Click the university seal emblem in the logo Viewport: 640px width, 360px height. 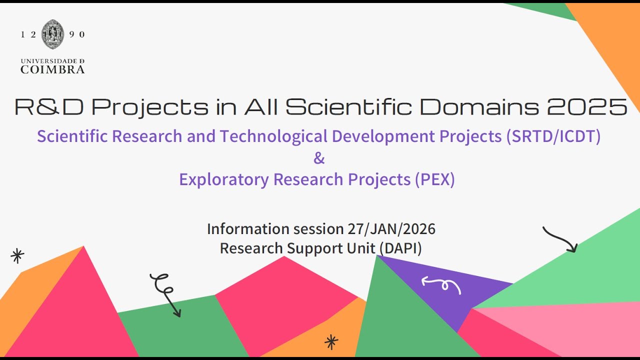click(x=52, y=34)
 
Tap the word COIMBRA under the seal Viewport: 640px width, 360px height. click(x=52, y=69)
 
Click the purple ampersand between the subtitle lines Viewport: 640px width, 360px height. click(x=319, y=158)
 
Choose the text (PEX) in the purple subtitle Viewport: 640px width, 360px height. click(x=434, y=179)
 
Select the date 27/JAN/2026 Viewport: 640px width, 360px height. click(x=391, y=229)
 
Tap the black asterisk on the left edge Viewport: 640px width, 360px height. click(x=17, y=256)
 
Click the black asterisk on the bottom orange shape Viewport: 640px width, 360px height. click(x=331, y=342)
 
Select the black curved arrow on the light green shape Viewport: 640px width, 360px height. click(x=560, y=239)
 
